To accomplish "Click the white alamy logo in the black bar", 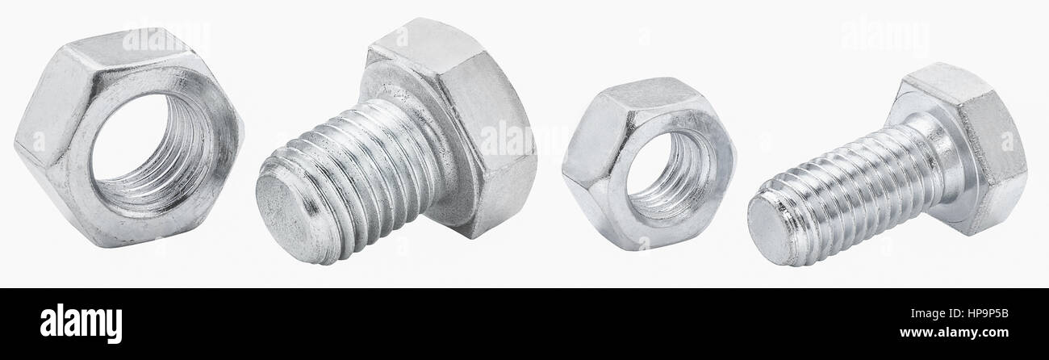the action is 81,324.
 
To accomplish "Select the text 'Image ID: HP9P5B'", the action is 959,314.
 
